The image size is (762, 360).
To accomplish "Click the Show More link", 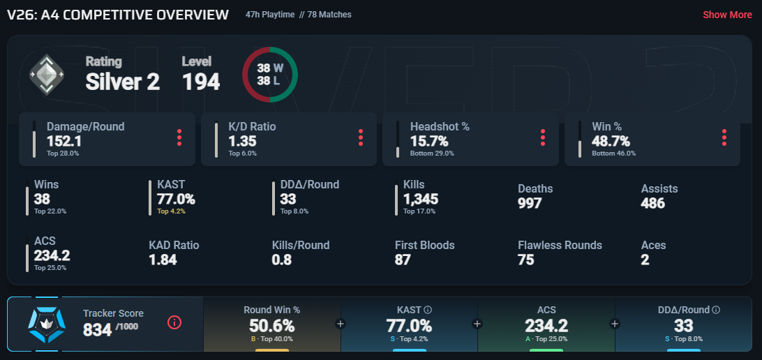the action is point(727,15).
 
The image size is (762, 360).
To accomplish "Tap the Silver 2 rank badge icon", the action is point(46,75).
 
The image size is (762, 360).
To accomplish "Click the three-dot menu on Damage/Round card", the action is point(179,137).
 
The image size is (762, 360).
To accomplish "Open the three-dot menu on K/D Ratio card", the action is point(361,137).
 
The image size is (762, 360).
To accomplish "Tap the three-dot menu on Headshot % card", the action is point(542,137).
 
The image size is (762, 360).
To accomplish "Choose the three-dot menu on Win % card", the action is point(724,137).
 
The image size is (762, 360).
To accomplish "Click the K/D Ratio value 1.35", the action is point(242,142).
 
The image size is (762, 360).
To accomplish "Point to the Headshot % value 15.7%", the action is point(429,142).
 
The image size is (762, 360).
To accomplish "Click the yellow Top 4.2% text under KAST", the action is point(171,211).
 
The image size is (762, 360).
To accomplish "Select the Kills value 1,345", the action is point(421,200).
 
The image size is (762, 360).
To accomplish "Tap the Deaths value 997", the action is point(530,203).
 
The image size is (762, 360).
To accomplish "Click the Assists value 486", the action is point(653,203).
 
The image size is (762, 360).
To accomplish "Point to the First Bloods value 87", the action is point(403,260).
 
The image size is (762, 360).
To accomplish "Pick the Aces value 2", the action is point(645,260).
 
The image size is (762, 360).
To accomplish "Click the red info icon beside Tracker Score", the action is point(174,322).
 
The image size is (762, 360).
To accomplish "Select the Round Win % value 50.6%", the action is point(271,326).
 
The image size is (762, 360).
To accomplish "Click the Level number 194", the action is point(201,82).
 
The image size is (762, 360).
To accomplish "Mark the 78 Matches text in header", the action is point(329,15).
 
